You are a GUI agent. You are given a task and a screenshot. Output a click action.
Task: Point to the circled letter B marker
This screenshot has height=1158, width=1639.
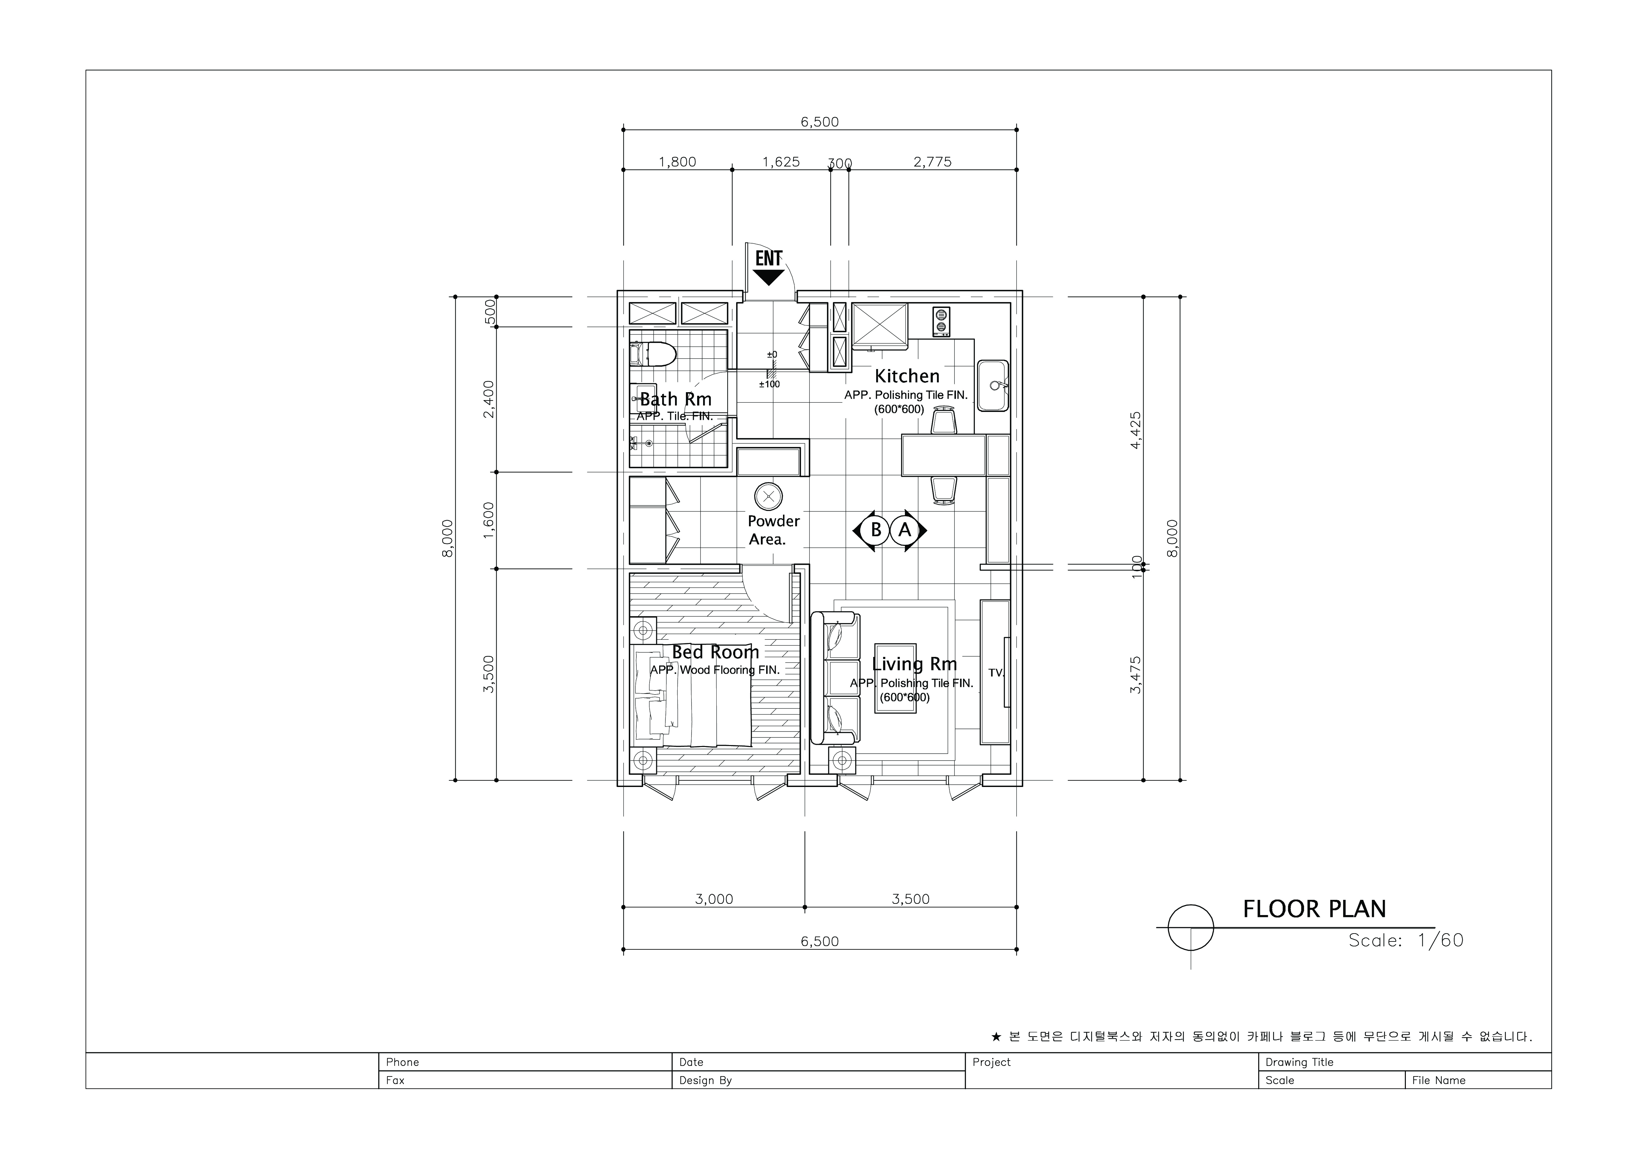click(876, 530)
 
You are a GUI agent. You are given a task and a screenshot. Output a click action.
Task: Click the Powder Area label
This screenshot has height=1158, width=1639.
click(773, 530)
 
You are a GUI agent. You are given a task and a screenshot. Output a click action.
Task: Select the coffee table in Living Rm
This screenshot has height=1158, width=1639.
click(895, 679)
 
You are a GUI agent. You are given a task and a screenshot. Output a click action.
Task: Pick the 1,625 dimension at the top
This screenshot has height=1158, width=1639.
click(781, 162)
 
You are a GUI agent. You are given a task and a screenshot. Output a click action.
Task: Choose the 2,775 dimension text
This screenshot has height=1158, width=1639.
click(932, 162)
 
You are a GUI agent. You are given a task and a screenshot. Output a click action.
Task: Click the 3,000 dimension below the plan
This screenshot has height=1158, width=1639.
click(714, 899)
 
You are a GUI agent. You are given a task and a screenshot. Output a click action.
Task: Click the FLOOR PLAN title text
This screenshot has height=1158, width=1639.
click(1314, 909)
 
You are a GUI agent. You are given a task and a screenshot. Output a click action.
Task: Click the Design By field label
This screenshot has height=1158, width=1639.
click(705, 1080)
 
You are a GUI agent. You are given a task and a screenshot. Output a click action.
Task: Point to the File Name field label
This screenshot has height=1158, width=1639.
click(1439, 1080)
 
